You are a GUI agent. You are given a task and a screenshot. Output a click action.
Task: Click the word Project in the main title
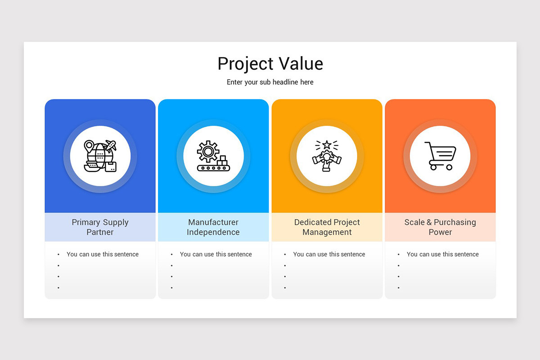tap(246, 64)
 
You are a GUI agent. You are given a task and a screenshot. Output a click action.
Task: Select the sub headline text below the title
tap(270, 82)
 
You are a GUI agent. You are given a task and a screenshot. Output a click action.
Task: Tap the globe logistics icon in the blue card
tap(100, 156)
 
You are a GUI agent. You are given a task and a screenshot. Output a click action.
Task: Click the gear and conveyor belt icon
tap(213, 156)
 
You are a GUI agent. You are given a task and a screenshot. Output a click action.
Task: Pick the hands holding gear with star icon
tap(327, 156)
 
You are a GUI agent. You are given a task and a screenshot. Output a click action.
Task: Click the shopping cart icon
tap(440, 156)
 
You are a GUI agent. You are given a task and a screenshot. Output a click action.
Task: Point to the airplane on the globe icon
tap(110, 145)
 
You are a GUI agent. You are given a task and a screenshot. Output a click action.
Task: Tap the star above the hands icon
tap(327, 145)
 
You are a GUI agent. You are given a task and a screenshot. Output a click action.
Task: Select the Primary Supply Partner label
tap(100, 227)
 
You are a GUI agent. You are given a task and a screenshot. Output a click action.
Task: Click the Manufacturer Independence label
tap(213, 227)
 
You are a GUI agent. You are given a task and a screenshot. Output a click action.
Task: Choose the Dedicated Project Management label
tap(327, 227)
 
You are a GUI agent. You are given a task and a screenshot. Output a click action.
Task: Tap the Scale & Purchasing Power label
tap(440, 227)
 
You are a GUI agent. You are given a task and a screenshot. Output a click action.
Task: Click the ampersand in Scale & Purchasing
tap(429, 222)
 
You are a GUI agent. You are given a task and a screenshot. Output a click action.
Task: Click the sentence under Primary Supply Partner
tap(103, 254)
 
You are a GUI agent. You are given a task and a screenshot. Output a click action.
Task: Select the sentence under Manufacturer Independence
tap(216, 254)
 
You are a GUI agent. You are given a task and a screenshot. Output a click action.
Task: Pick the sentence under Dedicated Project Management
tap(329, 254)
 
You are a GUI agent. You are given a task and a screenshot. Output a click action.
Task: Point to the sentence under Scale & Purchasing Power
tap(443, 254)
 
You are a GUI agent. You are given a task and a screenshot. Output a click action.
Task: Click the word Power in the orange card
tap(440, 232)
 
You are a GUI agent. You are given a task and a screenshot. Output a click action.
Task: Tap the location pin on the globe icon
tap(89, 146)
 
